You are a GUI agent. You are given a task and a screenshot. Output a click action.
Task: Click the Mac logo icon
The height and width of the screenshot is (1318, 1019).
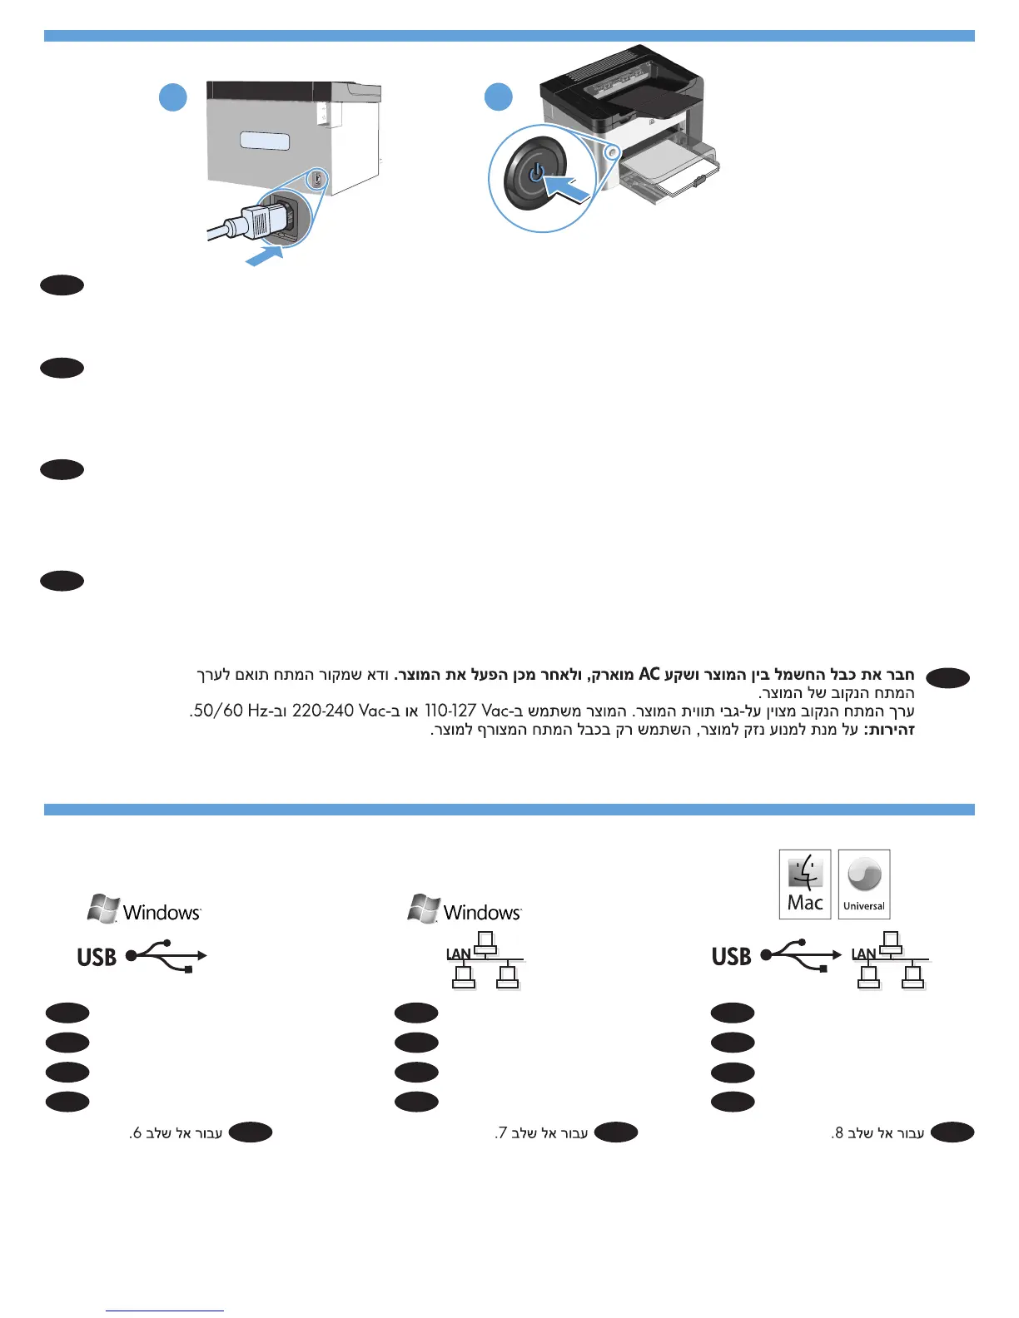click(805, 884)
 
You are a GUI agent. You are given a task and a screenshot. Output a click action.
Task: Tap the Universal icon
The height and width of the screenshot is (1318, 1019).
click(864, 884)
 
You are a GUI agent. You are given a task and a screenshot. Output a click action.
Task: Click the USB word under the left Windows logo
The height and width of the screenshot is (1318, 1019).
click(97, 958)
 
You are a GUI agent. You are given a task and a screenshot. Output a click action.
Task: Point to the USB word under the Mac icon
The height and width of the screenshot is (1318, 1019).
click(731, 957)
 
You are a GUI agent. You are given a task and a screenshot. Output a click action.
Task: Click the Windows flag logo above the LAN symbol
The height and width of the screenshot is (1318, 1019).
click(425, 909)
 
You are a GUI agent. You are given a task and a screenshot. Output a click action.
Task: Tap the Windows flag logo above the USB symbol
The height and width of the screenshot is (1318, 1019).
click(103, 909)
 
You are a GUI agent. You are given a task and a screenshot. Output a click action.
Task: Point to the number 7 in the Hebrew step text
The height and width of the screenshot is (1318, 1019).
click(502, 1133)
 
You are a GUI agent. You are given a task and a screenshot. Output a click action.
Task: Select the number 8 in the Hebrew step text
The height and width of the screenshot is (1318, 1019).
click(839, 1133)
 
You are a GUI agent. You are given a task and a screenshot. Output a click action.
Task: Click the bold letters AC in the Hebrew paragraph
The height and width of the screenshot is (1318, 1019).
click(649, 674)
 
